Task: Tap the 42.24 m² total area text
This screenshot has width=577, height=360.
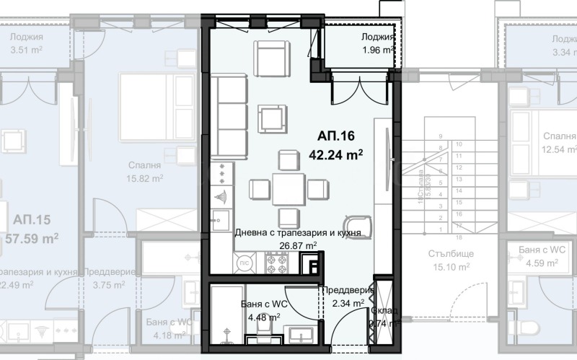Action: click(335, 153)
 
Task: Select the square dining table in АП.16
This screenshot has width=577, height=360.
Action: click(288, 190)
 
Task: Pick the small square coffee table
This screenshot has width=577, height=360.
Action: click(272, 117)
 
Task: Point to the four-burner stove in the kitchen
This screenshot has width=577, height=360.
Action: click(276, 265)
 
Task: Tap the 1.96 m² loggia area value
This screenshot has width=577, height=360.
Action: click(377, 51)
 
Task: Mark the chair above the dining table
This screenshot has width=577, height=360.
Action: click(288, 159)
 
